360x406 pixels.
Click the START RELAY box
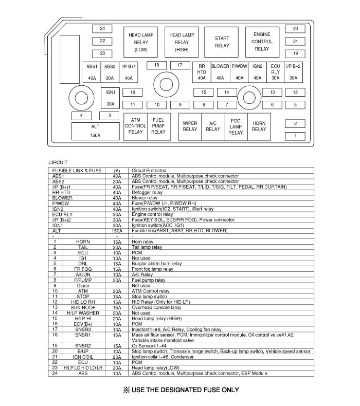[x=222, y=42]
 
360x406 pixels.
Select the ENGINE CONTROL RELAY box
[x=262, y=42]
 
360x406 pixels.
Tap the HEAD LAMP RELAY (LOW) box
[x=141, y=42]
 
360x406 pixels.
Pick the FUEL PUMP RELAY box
[x=158, y=126]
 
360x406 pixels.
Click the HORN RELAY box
[x=259, y=126]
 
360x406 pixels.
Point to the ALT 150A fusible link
[x=95, y=131]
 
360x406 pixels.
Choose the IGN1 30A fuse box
[x=110, y=98]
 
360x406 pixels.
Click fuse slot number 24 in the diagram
[x=102, y=29]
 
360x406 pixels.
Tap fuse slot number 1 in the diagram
[x=295, y=136]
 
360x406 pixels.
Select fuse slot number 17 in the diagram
[x=180, y=65]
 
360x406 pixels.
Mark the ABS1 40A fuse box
[x=92, y=72]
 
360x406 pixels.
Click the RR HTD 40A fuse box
[x=202, y=72]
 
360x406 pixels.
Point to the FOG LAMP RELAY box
[x=236, y=126]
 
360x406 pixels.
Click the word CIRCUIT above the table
[x=58, y=162]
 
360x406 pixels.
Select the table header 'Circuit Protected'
[x=149, y=170]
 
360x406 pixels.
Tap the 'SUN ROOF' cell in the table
[x=83, y=307]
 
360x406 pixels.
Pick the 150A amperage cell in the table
[x=117, y=231]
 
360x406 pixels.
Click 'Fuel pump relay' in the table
[x=148, y=280]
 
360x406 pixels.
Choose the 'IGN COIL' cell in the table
[x=83, y=357]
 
